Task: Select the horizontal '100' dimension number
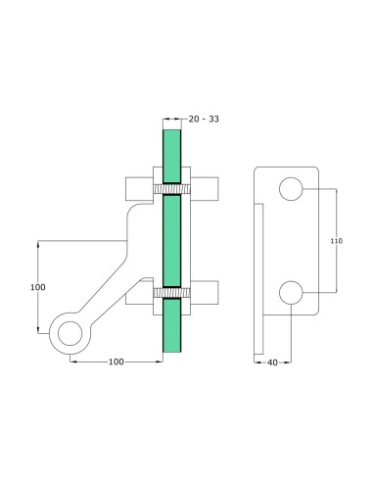(x=116, y=361)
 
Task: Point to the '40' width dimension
(x=273, y=361)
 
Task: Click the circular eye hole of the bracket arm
(x=69, y=334)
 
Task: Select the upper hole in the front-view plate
(x=291, y=189)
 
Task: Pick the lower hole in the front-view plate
(x=291, y=292)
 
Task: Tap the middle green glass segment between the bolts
(x=172, y=240)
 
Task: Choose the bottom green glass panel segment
(x=172, y=328)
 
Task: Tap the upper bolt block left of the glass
(x=139, y=186)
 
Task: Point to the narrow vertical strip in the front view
(x=258, y=279)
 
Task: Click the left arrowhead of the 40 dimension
(x=257, y=361)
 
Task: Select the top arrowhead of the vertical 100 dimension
(x=39, y=243)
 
